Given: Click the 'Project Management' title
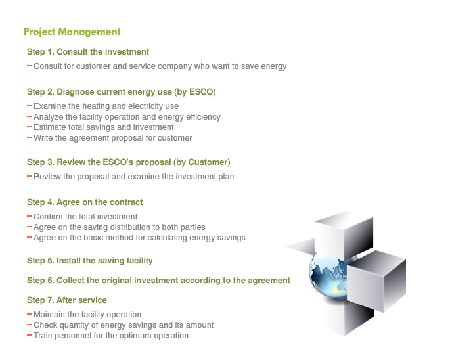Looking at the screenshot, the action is pos(72,32).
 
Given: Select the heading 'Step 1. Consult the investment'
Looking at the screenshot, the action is pos(88,52).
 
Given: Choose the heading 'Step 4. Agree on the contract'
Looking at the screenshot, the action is pos(85,202).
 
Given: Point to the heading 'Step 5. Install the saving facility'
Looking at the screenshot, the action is pos(90,261).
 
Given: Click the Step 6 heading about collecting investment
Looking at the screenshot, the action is pos(158,281).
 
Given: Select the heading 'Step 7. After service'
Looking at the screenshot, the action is pos(67,300).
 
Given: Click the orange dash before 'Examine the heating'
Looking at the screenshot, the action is pos(29,106).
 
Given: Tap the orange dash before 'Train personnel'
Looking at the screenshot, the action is pos(29,335).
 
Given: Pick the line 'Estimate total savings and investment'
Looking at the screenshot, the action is pos(104,127).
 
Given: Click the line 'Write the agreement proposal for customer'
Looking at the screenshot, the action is pos(113,138).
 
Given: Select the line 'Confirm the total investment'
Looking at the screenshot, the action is pos(85,217).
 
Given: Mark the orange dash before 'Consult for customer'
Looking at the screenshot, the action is pos(29,66).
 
